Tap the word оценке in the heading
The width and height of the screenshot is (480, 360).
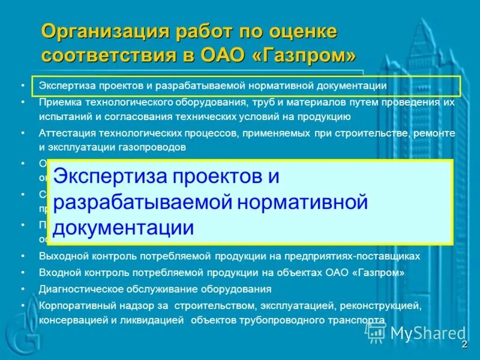[302, 31]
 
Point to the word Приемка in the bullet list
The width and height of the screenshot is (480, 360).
[58, 102]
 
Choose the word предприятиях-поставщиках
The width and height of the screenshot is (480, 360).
[359, 256]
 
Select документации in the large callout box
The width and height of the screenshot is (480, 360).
[124, 228]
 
